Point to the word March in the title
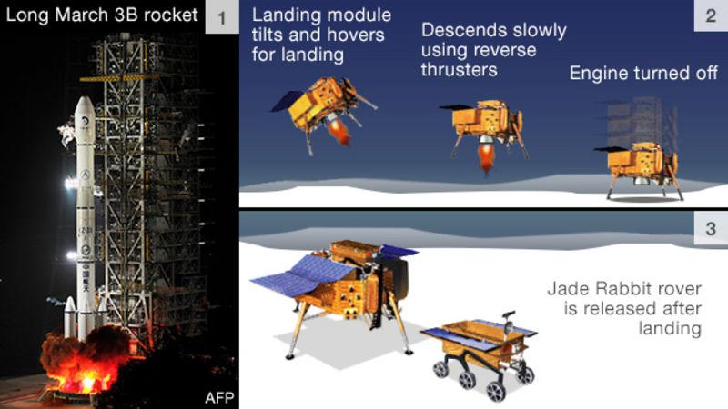tap(83, 15)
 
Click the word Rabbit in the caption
tap(617, 289)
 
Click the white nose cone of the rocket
tap(83, 114)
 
